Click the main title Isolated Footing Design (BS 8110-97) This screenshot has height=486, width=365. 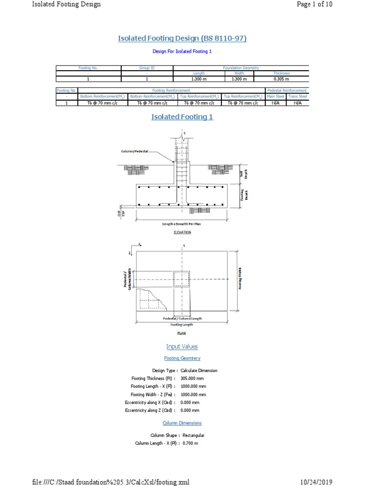(x=182, y=38)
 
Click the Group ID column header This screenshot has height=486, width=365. (x=147, y=68)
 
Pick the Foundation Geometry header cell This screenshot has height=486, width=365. (x=241, y=68)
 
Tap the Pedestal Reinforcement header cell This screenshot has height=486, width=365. (x=287, y=90)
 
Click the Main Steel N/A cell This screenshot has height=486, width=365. (x=275, y=103)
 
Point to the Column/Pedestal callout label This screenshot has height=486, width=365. (x=134, y=152)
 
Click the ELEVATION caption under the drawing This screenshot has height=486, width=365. (x=182, y=232)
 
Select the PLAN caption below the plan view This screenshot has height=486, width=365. (x=182, y=333)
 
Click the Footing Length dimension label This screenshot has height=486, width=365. (x=182, y=325)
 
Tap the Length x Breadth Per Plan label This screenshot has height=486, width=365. (x=182, y=224)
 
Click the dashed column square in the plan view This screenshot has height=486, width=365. (x=182, y=279)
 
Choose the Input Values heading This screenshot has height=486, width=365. (x=182, y=346)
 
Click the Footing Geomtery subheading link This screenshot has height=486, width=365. (x=182, y=358)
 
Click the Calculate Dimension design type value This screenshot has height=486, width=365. (x=199, y=371)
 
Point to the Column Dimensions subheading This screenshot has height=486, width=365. (x=182, y=423)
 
